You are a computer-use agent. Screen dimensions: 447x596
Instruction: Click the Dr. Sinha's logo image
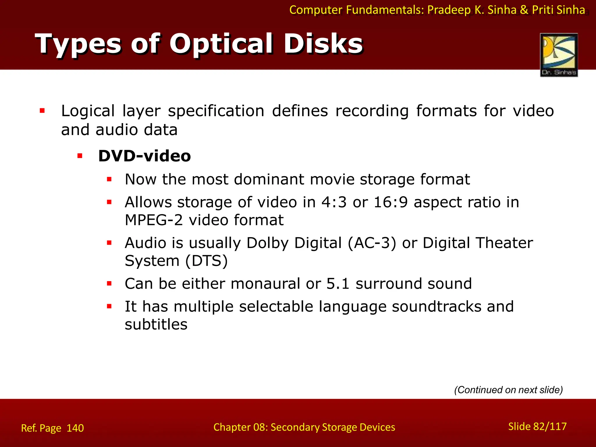(x=559, y=55)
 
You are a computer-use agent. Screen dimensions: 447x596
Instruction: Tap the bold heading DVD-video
(x=144, y=156)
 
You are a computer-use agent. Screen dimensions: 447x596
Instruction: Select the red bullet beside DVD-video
(x=80, y=156)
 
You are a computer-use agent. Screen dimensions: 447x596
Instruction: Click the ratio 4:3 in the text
(x=334, y=202)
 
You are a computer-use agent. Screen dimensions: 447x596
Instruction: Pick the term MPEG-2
(x=154, y=220)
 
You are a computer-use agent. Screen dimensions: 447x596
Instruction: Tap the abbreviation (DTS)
(x=207, y=261)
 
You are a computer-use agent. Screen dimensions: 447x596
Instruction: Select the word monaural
(x=265, y=284)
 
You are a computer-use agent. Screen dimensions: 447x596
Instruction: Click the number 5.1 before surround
(x=338, y=284)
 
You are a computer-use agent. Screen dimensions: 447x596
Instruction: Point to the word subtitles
(x=156, y=324)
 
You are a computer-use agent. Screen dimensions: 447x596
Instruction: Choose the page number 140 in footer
(x=75, y=428)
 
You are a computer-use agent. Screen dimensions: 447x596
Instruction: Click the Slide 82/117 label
(x=537, y=426)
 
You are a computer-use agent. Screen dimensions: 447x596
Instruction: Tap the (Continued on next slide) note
(x=508, y=390)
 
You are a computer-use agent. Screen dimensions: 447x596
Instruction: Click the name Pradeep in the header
(x=449, y=10)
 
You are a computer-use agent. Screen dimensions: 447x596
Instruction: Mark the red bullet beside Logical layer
(x=42, y=111)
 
